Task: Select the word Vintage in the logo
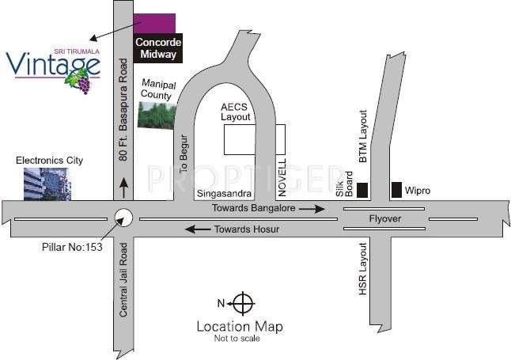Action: click(x=52, y=64)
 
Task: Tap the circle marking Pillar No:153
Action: click(x=123, y=217)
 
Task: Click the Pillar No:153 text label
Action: click(x=73, y=247)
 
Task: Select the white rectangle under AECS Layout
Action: click(x=248, y=140)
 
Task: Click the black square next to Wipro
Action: click(x=396, y=190)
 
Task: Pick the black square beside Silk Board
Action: click(x=363, y=190)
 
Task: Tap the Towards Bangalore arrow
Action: click(x=316, y=209)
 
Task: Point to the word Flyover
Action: click(x=386, y=218)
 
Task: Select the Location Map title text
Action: click(x=239, y=326)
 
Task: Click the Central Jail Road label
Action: click(x=123, y=281)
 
